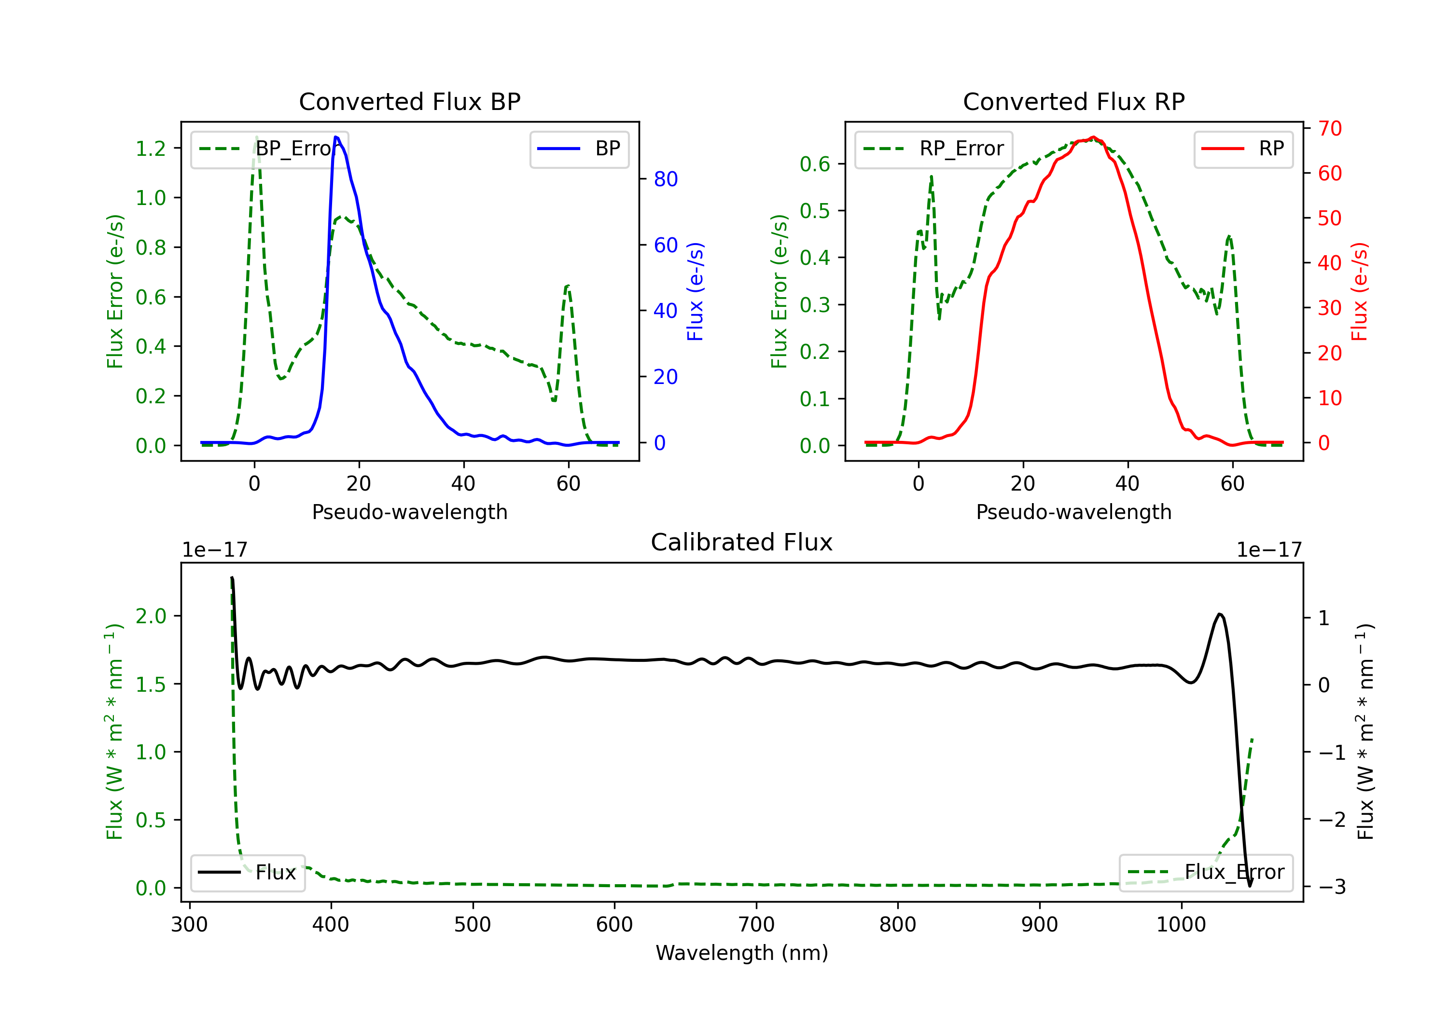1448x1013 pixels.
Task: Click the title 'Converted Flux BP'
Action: (409, 101)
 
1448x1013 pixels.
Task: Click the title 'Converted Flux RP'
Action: (1073, 101)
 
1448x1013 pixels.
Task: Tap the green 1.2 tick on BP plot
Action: (151, 149)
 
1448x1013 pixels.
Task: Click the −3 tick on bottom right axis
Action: (1332, 887)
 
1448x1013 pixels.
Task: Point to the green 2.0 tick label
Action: (151, 616)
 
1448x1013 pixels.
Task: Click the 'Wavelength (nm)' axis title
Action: (742, 953)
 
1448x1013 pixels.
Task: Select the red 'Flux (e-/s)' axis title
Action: (1359, 291)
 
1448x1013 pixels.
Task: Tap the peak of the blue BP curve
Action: (336, 137)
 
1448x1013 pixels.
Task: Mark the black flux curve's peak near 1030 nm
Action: (1220, 614)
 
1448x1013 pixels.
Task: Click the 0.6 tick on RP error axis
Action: (815, 164)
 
